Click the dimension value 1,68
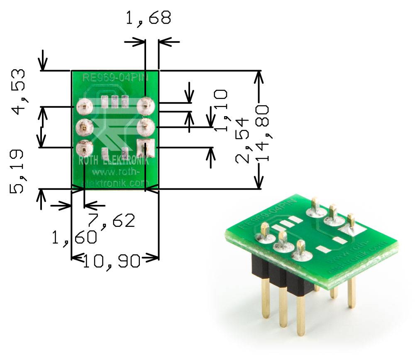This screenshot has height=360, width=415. point(147,18)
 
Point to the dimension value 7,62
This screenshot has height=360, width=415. point(111,220)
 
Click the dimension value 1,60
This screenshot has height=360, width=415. point(75,238)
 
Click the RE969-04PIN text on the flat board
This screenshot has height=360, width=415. point(115,77)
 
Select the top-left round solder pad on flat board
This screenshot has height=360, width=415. point(84,107)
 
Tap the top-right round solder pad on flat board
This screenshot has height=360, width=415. point(145,106)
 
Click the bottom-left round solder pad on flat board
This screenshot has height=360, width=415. point(84,147)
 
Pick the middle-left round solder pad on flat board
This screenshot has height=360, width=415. point(84,127)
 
